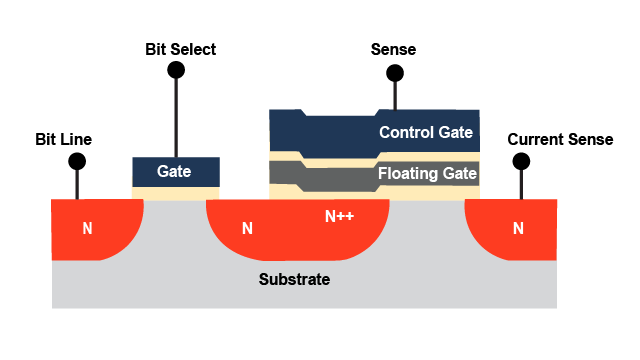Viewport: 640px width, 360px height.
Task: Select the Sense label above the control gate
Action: coord(393,49)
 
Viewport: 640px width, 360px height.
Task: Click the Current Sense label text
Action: coord(560,139)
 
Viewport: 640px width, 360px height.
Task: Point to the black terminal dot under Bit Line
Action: coord(76,161)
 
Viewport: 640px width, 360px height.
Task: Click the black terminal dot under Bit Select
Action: coord(176,70)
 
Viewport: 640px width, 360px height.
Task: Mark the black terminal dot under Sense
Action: coord(395,73)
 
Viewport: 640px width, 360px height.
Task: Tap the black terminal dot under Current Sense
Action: coord(519,161)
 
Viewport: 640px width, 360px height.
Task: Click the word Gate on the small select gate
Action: coord(174,171)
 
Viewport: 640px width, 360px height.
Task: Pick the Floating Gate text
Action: coord(427,174)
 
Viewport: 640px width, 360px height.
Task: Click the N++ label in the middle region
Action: coord(341,215)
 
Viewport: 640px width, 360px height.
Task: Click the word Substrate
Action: coord(294,279)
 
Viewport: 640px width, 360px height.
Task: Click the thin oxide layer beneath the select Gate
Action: coord(176,192)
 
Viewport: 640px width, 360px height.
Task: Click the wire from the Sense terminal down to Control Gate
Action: coord(395,95)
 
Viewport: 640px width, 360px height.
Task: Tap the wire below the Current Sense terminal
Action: coord(519,184)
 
